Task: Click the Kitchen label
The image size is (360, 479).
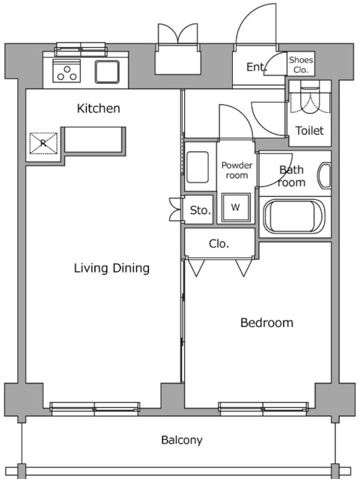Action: coord(98,109)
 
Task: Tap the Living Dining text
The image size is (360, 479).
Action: coord(112,268)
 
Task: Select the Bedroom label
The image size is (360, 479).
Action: coord(266,323)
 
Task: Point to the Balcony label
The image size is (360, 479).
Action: coord(182,440)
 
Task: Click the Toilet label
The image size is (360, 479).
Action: coord(309,131)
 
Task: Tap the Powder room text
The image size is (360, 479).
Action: coord(237,170)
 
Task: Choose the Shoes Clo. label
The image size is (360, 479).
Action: coord(301,65)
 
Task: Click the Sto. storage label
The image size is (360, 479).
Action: coord(200,210)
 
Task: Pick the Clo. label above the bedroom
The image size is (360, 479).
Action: coord(219,243)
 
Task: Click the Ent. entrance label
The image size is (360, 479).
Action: coord(257,67)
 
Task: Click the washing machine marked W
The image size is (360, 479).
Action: coord(236,207)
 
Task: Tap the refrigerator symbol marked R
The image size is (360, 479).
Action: coord(43,143)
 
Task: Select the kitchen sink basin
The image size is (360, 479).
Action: coord(107,72)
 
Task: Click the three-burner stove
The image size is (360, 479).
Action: coord(67,71)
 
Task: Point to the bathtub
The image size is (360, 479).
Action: coord(293,216)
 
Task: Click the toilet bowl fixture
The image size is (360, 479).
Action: coord(310,97)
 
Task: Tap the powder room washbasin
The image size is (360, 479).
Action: coord(198,167)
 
